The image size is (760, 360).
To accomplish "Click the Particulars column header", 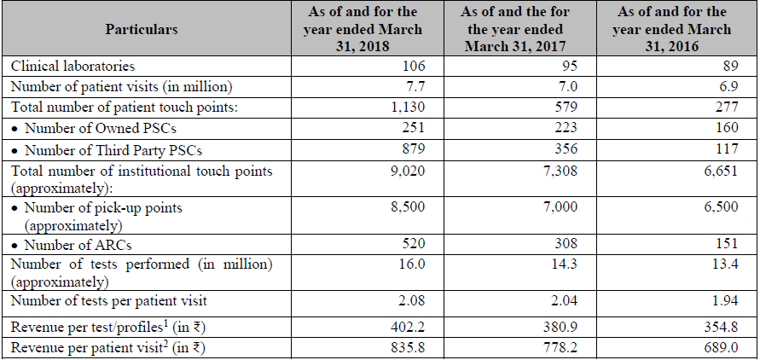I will [x=142, y=29].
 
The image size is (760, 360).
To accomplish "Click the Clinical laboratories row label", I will [x=73, y=66].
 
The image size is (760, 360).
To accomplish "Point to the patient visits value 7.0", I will [x=566, y=86].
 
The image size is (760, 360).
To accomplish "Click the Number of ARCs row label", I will [x=73, y=244].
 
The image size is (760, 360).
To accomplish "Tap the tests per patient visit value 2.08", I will [x=409, y=299].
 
